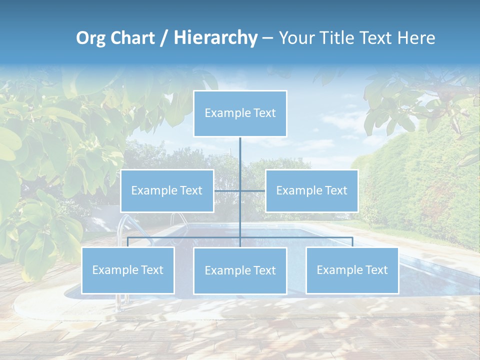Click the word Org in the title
(91, 38)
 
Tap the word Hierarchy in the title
(215, 38)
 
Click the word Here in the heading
(416, 38)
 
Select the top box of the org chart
(240, 113)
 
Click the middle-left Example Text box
(167, 190)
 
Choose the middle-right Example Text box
(311, 190)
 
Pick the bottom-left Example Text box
(128, 270)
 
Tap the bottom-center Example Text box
(240, 270)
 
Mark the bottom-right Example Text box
(352, 270)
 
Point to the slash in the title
(164, 38)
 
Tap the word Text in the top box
(263, 113)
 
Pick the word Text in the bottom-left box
(151, 270)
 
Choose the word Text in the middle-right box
(334, 190)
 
